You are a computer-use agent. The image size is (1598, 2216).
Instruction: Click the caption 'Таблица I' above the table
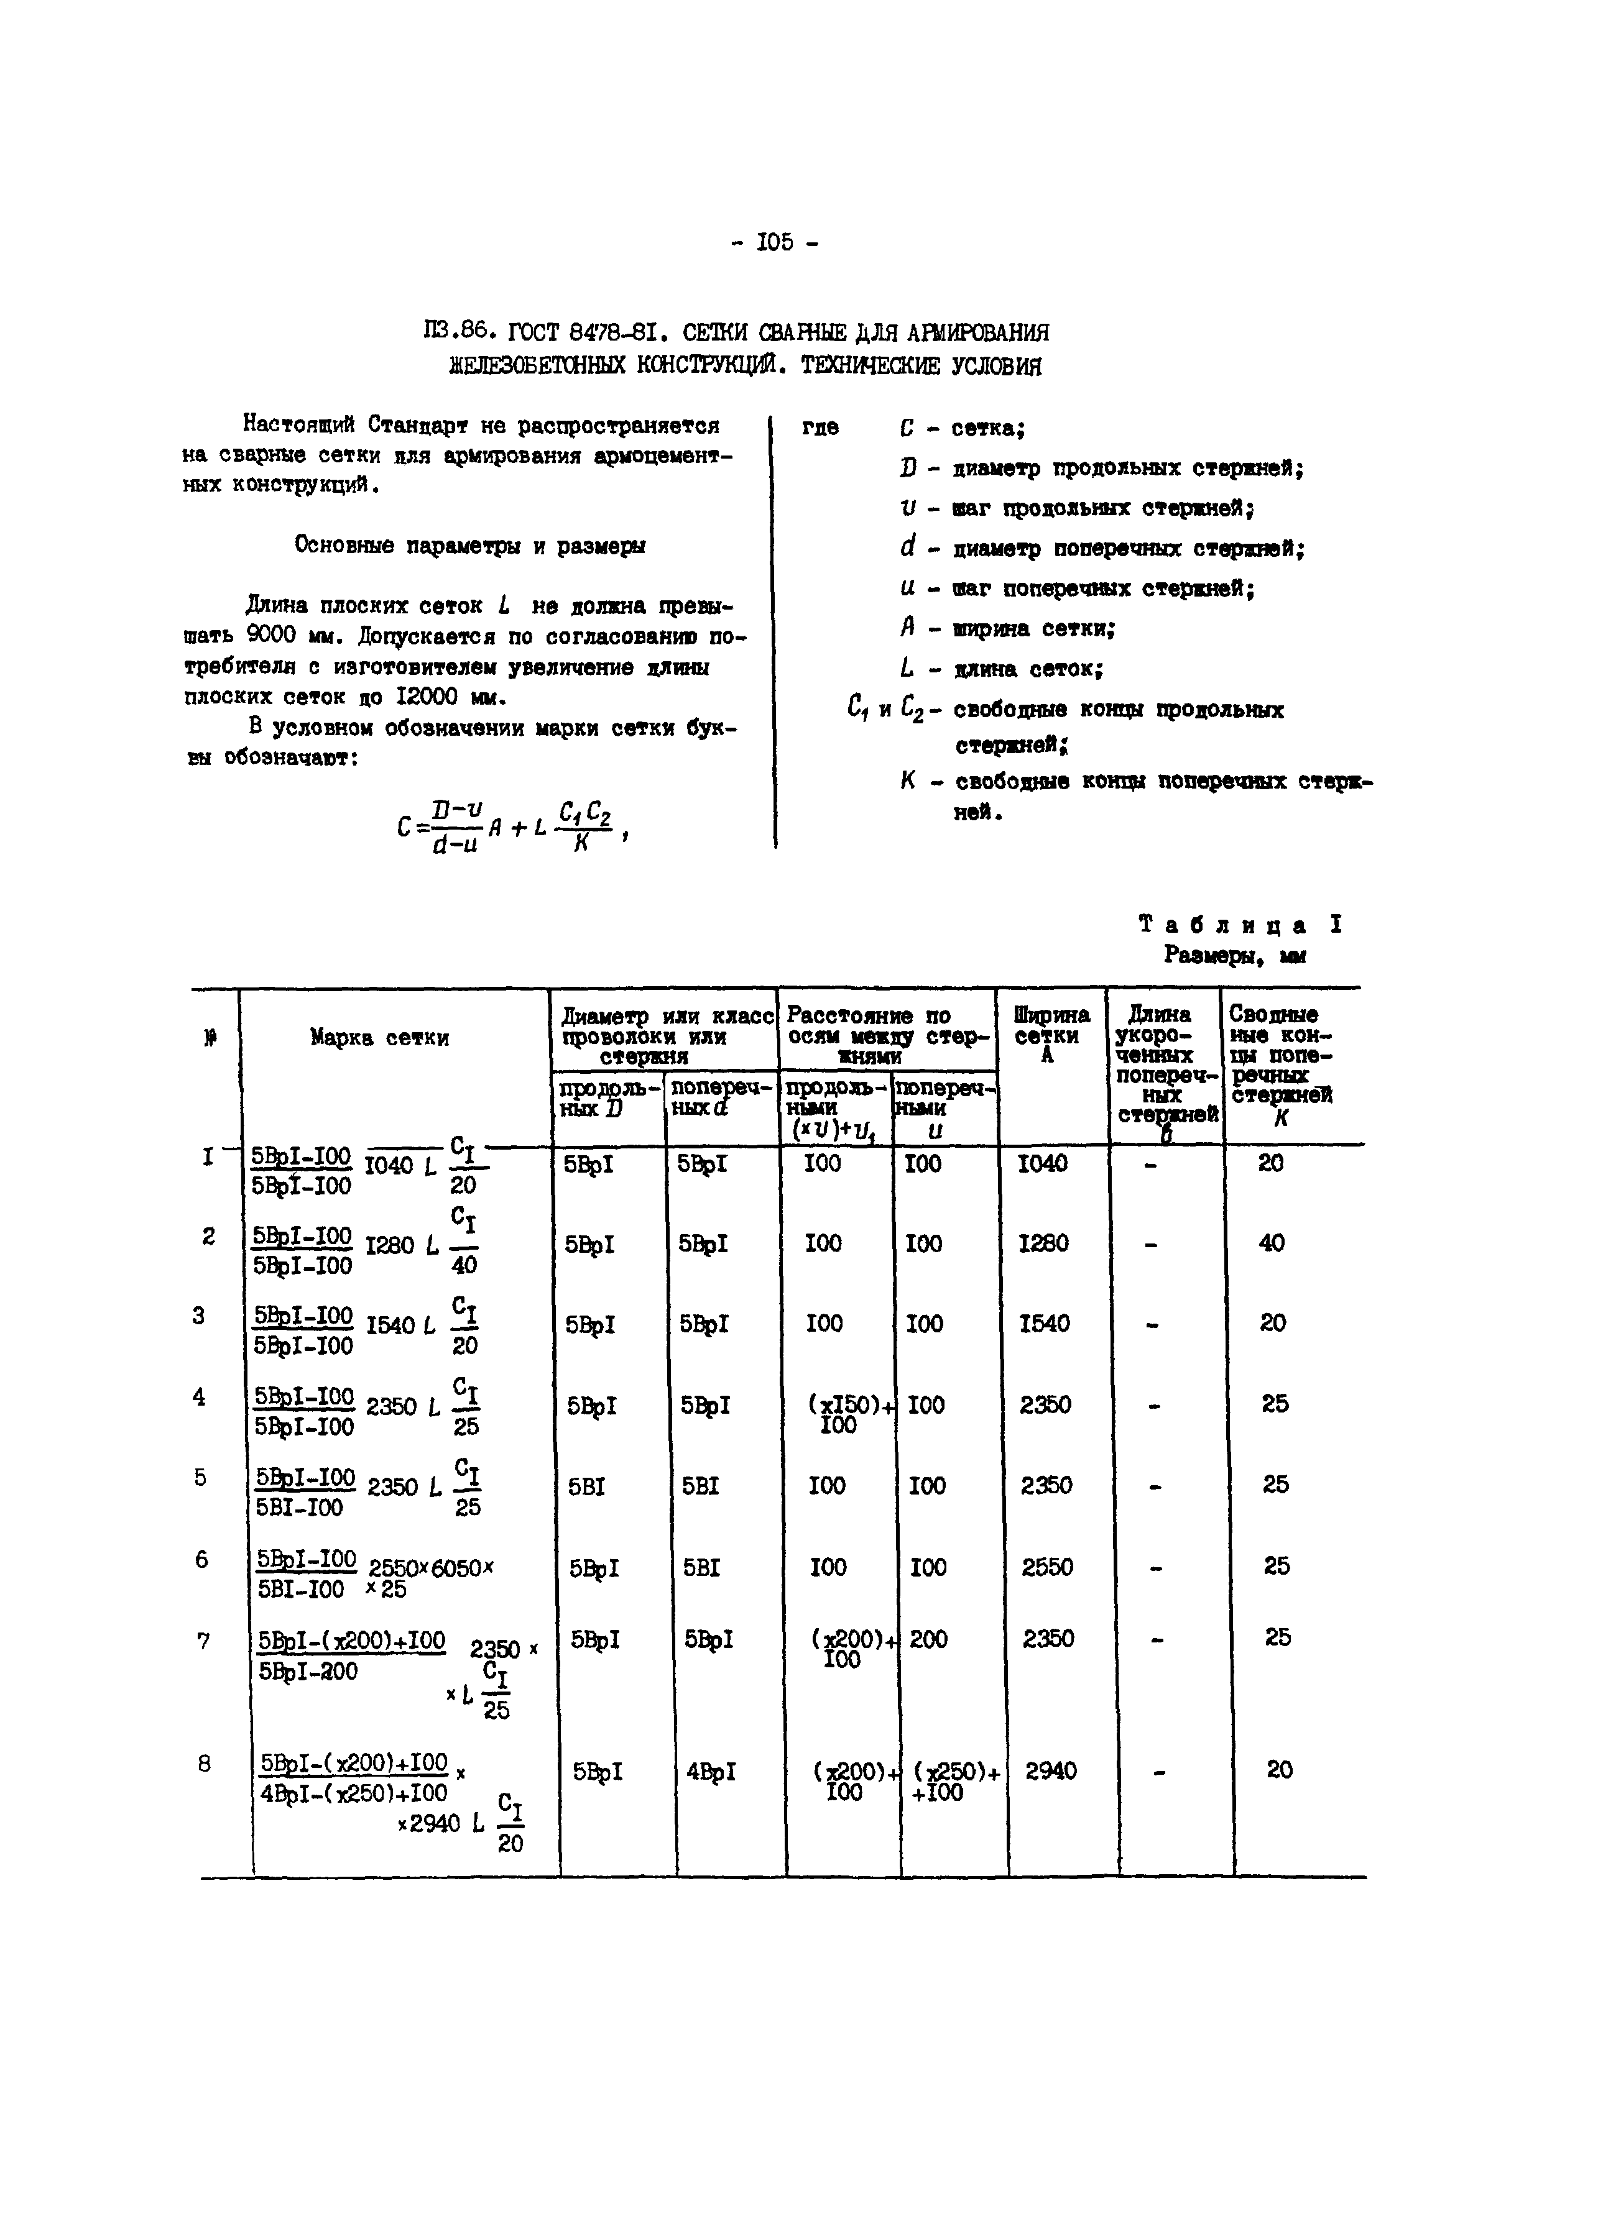pos(1240,924)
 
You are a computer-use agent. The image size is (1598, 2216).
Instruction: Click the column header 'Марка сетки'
pos(379,1038)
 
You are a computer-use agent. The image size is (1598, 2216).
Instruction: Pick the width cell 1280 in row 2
pos(1043,1243)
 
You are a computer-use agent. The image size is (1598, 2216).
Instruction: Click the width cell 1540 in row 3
pos(1044,1323)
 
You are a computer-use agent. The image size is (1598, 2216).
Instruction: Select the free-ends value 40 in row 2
pos(1272,1243)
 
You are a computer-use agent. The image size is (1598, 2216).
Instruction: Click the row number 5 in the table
pos(200,1477)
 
